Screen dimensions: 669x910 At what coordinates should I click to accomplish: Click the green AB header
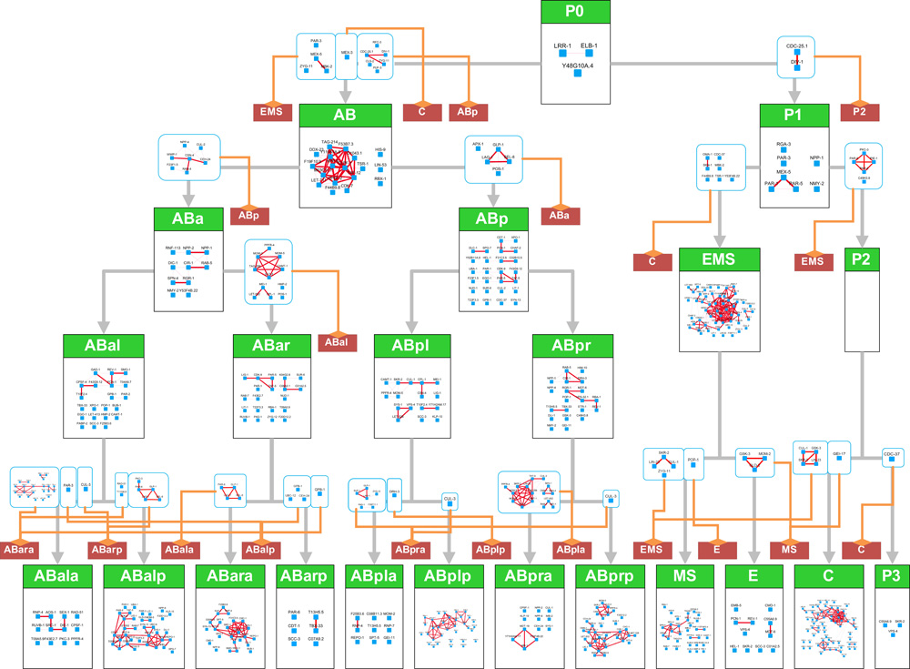(345, 115)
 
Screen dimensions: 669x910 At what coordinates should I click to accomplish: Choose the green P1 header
(794, 115)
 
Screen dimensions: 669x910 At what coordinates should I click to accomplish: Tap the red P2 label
(860, 110)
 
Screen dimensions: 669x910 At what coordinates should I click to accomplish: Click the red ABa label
(558, 216)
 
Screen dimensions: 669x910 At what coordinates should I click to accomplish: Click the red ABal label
(338, 342)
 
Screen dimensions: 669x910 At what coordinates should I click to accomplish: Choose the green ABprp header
(611, 577)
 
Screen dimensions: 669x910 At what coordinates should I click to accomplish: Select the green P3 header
(890, 577)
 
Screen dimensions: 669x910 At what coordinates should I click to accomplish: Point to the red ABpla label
(571, 550)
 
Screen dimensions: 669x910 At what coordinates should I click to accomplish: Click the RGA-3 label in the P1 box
(784, 144)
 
